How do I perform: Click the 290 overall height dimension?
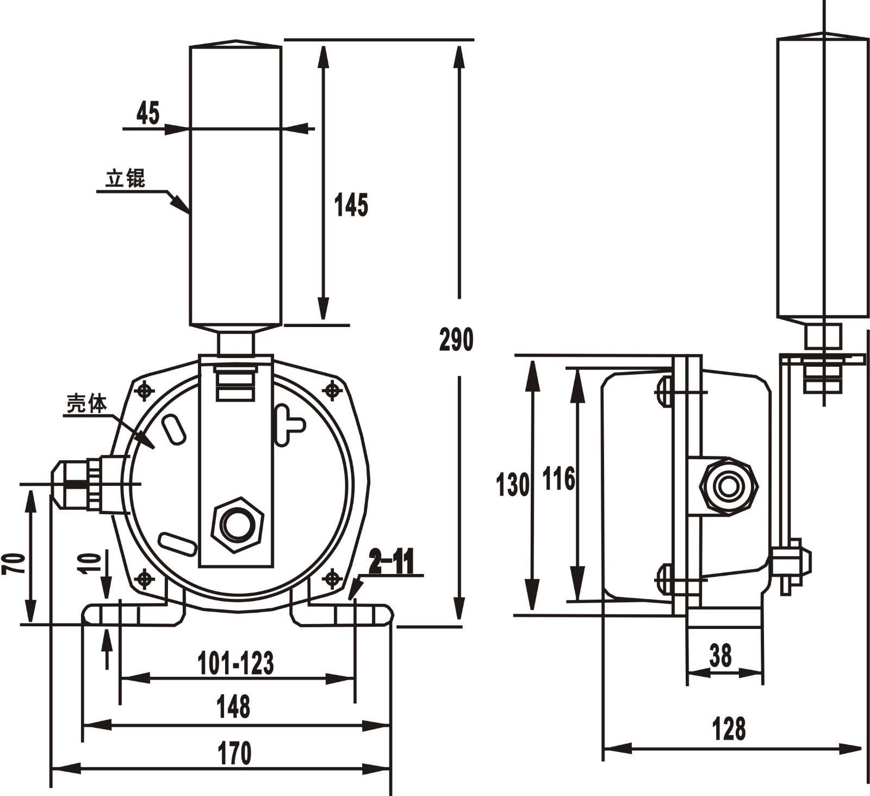(x=456, y=340)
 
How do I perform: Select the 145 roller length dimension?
(x=351, y=205)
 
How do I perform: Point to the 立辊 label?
(x=126, y=178)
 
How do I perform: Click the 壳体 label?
(x=87, y=404)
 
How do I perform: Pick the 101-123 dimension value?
(x=235, y=663)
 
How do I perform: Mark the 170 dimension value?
(x=234, y=754)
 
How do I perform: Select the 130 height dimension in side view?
(x=512, y=485)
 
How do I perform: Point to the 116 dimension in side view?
(x=559, y=479)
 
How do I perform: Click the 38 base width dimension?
(x=720, y=656)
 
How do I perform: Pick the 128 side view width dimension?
(x=729, y=729)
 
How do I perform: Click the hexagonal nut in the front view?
(x=237, y=525)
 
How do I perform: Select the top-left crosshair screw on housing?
(x=145, y=391)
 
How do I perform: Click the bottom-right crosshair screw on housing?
(x=332, y=578)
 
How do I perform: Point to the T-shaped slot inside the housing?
(x=287, y=424)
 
